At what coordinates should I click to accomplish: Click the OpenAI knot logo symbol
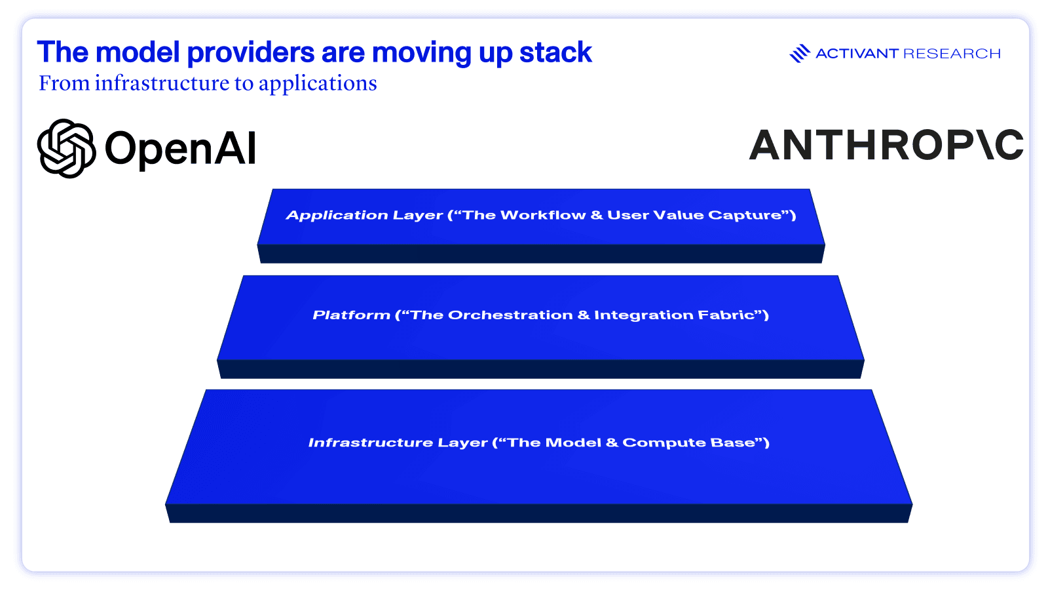pos(66,148)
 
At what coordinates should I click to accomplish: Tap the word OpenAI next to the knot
pos(181,149)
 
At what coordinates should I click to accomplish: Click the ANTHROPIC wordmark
pos(886,145)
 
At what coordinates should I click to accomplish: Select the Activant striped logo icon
pos(800,53)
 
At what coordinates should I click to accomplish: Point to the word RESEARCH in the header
pos(952,53)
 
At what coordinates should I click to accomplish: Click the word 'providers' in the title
pos(251,52)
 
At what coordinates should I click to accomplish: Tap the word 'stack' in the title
pos(556,52)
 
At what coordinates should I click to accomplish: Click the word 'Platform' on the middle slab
pos(351,315)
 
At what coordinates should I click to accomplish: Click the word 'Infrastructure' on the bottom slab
pos(371,442)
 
